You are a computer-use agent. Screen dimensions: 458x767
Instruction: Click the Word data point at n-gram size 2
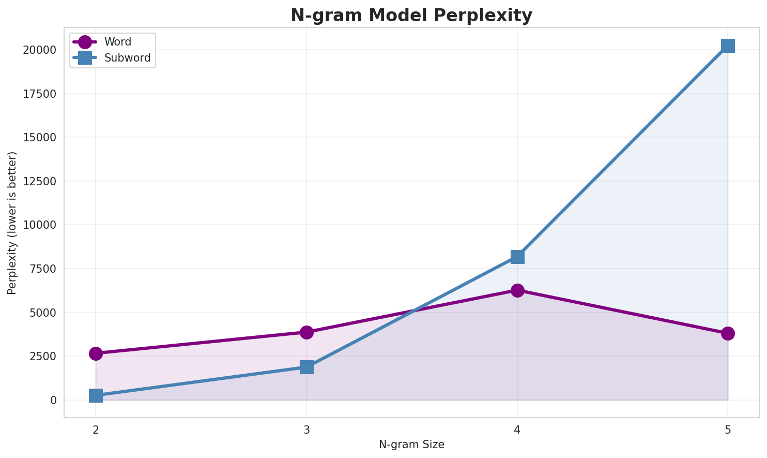tap(96, 353)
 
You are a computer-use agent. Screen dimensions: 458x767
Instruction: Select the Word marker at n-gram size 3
tap(306, 332)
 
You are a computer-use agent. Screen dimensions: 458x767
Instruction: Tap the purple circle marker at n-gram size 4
tap(517, 290)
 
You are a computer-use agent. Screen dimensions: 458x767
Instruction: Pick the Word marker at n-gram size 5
tap(728, 333)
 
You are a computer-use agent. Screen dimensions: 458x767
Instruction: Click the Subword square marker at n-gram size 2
tap(96, 396)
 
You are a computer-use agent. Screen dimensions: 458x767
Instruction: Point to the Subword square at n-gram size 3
tap(306, 367)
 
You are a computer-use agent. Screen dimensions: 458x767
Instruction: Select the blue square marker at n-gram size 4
tap(517, 257)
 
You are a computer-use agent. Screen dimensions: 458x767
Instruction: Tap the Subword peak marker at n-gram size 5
tap(728, 46)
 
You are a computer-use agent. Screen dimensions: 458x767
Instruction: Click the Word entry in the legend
tap(117, 42)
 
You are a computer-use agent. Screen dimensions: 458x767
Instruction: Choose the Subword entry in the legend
tap(127, 58)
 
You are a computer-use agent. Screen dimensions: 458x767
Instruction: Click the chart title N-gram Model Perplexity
tap(411, 16)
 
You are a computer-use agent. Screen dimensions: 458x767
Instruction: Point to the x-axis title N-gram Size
tap(411, 445)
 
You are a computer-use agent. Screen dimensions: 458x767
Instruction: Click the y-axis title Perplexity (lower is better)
tap(12, 223)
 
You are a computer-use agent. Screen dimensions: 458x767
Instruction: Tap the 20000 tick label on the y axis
tap(39, 50)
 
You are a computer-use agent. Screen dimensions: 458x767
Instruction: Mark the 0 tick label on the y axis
tap(54, 400)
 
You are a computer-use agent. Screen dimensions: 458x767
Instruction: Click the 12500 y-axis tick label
tap(39, 182)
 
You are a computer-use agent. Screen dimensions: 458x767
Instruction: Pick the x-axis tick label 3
tap(306, 430)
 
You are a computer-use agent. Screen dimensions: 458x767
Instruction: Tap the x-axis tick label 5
tap(728, 430)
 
